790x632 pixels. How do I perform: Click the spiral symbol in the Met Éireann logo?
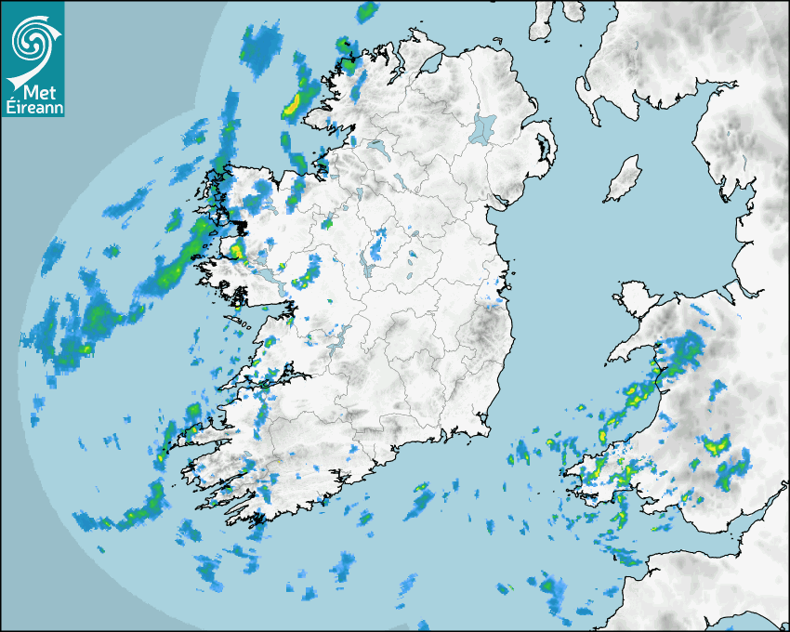(32, 39)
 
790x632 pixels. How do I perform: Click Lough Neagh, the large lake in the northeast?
(483, 127)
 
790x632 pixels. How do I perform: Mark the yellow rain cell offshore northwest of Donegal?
(293, 103)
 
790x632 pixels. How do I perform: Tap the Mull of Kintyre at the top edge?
(543, 19)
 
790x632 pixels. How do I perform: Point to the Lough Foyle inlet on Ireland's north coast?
(429, 64)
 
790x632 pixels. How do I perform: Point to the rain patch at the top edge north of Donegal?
(367, 12)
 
